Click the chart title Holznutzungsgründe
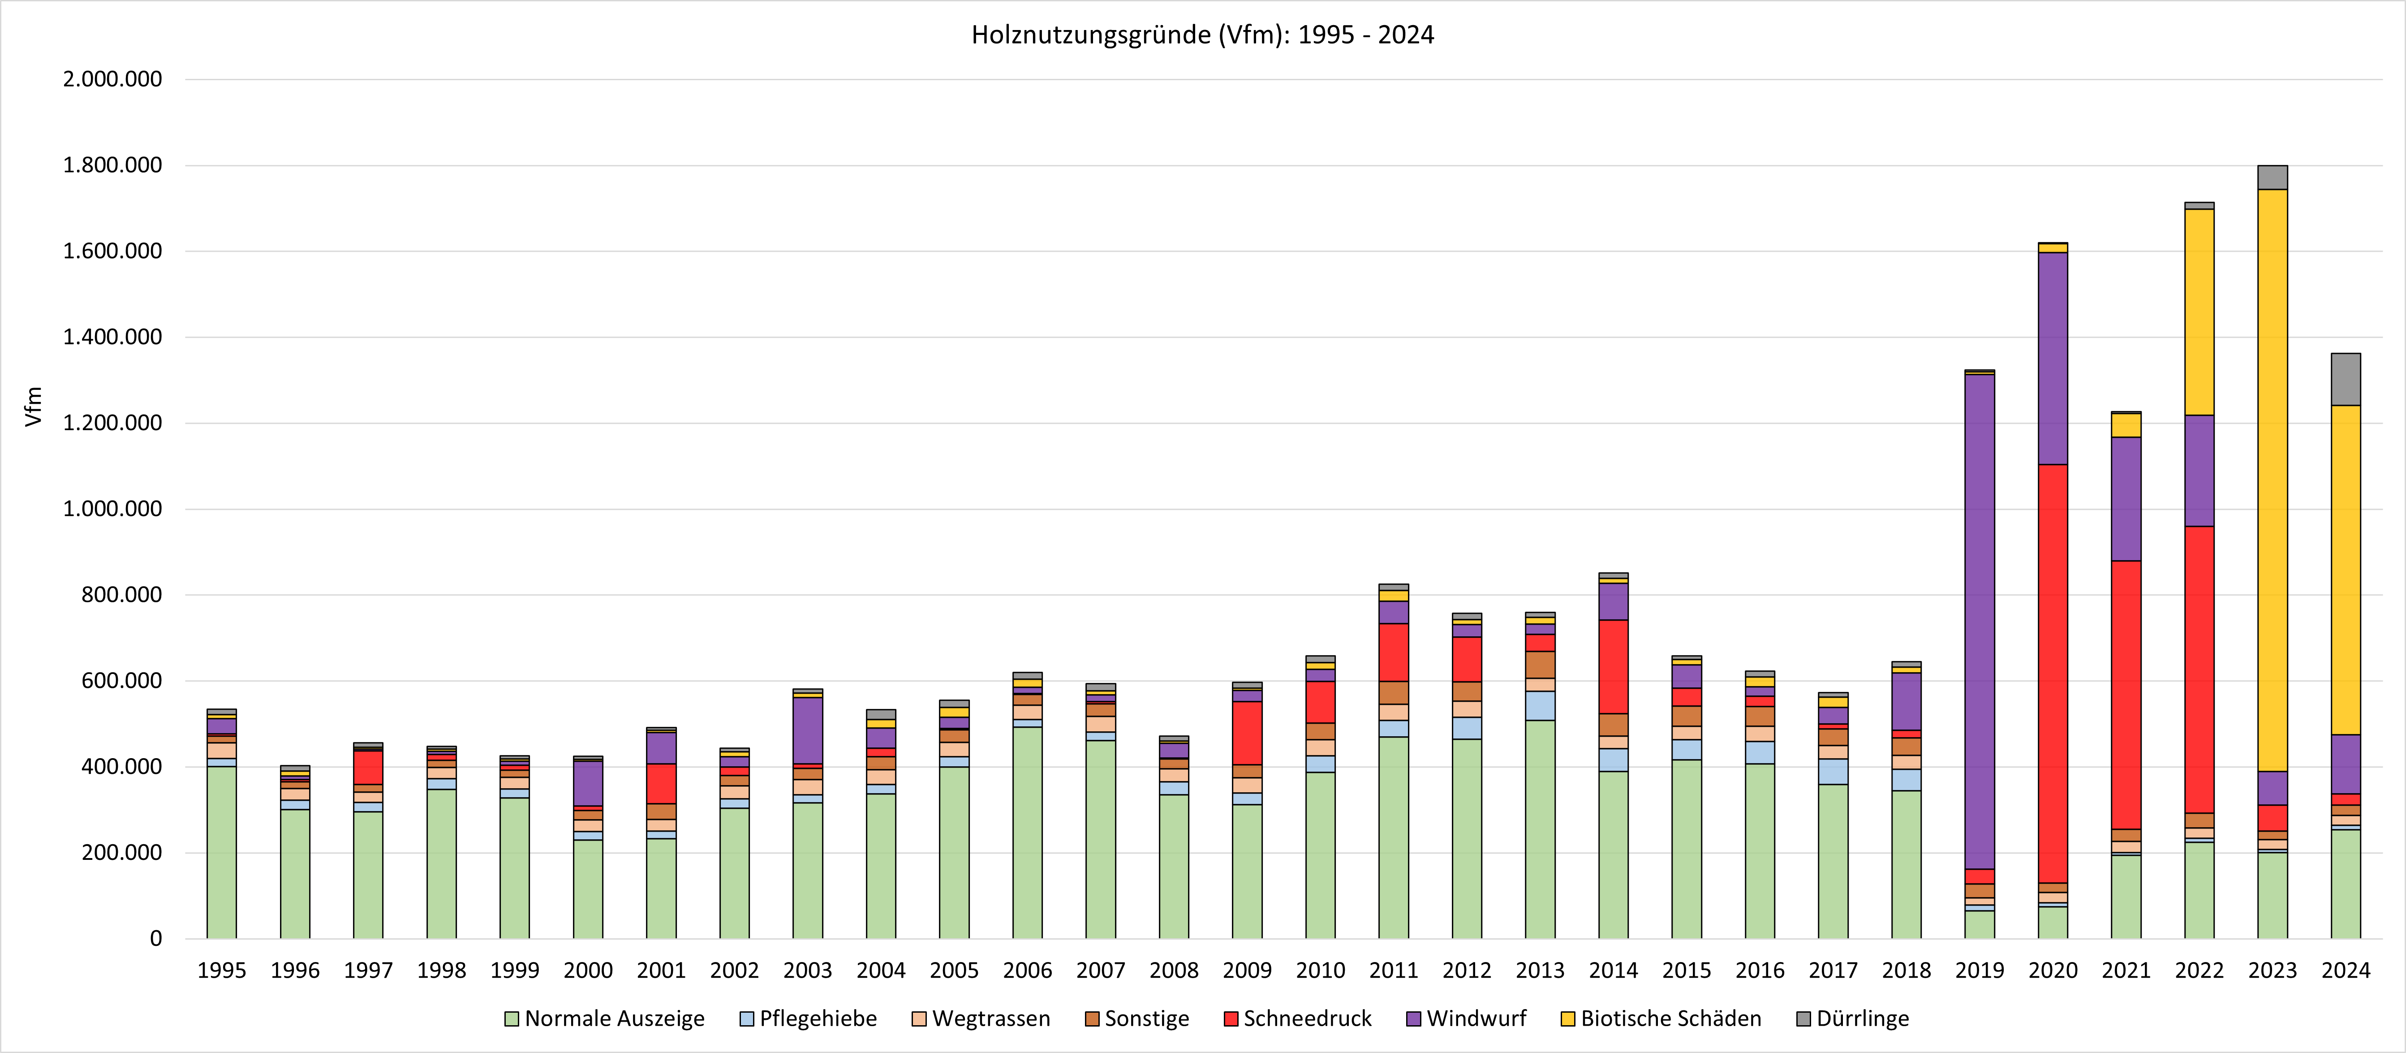click(1202, 35)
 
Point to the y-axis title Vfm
click(34, 406)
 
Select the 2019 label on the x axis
click(1979, 971)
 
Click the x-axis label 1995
click(221, 971)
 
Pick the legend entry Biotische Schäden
click(1670, 1018)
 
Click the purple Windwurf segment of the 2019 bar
click(1979, 621)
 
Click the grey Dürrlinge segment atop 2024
click(2345, 380)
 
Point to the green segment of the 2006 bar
click(1028, 832)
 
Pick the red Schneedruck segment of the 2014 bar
click(1613, 666)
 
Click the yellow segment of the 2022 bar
click(2199, 312)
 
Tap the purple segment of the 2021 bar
click(2126, 499)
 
